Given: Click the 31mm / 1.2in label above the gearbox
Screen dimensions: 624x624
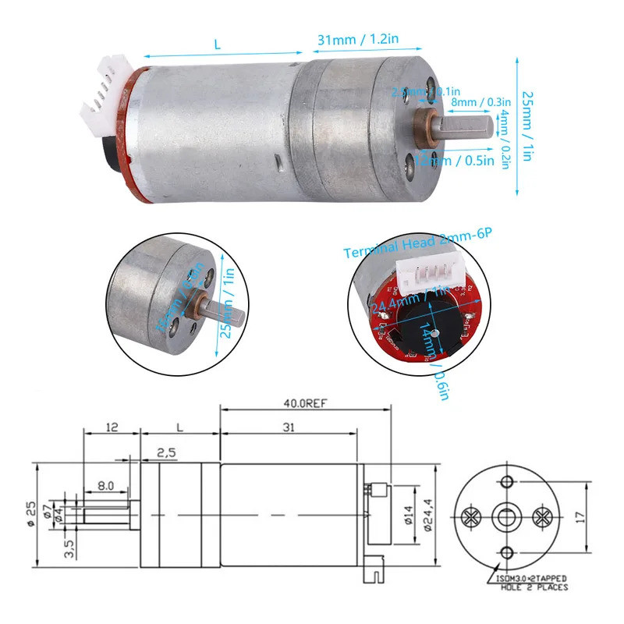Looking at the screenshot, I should click(349, 39).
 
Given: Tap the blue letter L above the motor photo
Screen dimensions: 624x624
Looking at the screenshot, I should click(217, 45).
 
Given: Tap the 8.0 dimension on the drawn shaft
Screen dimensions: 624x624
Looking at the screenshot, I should click(107, 484).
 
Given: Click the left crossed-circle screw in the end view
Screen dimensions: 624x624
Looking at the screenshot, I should click(471, 516).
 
